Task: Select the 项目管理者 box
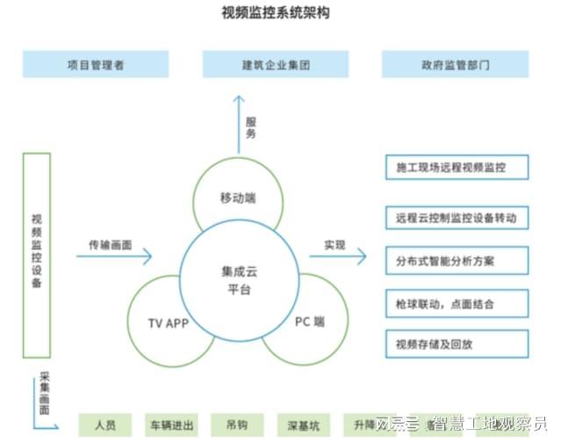pos(96,64)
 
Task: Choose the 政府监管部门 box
pos(456,64)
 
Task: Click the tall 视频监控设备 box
pos(36,255)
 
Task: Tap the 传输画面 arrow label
pos(110,245)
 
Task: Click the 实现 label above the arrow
pos(334,245)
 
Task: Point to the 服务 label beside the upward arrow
pos(251,130)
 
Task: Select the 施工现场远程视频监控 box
pos(457,167)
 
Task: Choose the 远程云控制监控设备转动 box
pos(457,215)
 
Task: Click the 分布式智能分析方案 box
pos(457,260)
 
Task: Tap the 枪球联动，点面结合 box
pos(457,303)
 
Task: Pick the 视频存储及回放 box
pos(457,344)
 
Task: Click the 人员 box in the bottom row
pos(104,425)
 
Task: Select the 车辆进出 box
pos(170,425)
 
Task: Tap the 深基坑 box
pos(302,425)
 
